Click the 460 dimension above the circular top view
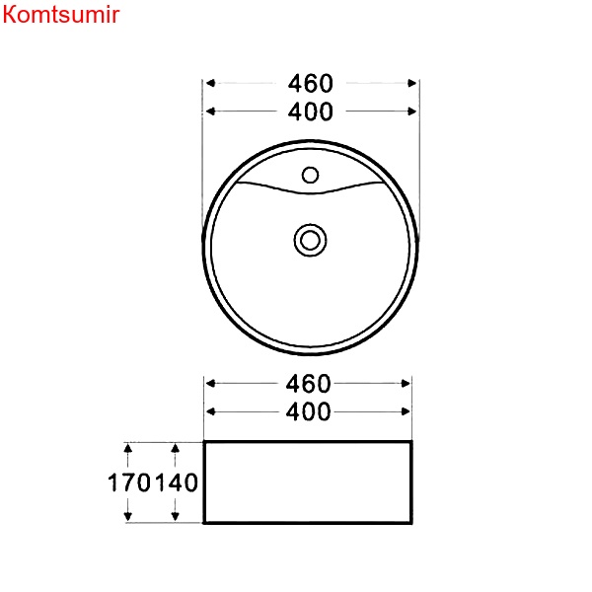click(311, 85)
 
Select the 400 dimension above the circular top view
click(311, 111)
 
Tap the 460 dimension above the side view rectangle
click(308, 383)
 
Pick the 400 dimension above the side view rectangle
click(308, 411)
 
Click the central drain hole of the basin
click(310, 238)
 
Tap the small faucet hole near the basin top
click(310, 176)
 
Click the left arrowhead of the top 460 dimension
click(211, 85)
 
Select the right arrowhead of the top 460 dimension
click(412, 85)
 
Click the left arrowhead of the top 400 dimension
click(211, 111)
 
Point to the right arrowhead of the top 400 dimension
click(412, 111)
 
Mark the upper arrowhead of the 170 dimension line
click(128, 449)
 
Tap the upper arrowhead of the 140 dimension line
click(176, 449)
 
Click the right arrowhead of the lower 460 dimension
click(405, 383)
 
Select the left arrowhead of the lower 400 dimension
click(211, 411)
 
